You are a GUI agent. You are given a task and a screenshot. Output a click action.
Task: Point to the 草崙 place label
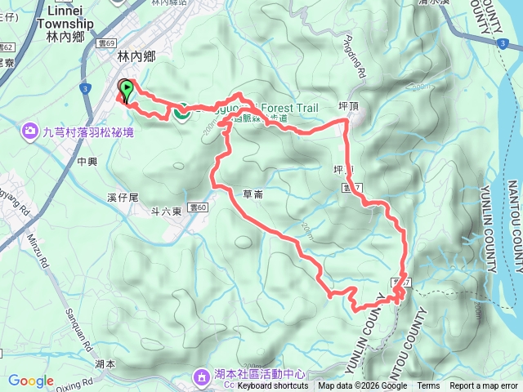point(252,194)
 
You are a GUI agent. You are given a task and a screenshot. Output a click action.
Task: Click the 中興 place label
point(87,162)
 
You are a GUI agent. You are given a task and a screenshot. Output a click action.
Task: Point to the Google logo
point(31,381)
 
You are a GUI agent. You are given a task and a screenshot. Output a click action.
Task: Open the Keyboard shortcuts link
point(273,386)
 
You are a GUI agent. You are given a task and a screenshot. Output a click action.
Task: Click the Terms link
point(428,386)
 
